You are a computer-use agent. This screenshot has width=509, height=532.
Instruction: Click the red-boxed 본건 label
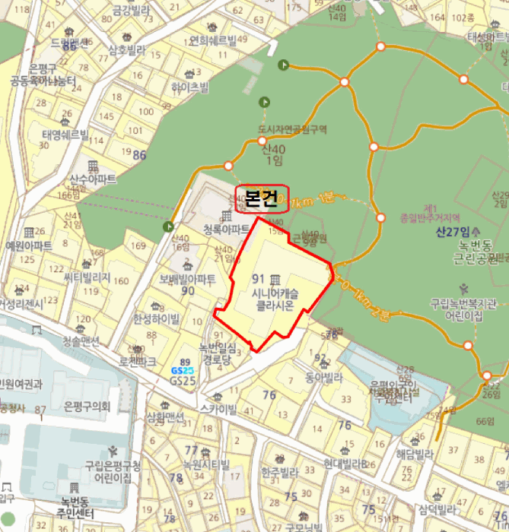pos(262,198)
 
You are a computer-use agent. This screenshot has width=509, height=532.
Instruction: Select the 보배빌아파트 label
pos(188,279)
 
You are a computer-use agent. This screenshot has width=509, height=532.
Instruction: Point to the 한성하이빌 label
pos(157,318)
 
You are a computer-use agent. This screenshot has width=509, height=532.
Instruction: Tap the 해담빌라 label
pos(414,454)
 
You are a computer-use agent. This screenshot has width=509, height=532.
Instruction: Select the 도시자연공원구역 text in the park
pos(292,130)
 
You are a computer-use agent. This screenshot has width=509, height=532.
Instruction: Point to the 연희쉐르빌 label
pos(219,40)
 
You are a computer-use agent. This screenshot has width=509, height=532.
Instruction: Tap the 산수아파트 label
pos(93,179)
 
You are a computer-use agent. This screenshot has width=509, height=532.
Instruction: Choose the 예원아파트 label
pos(29,245)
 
